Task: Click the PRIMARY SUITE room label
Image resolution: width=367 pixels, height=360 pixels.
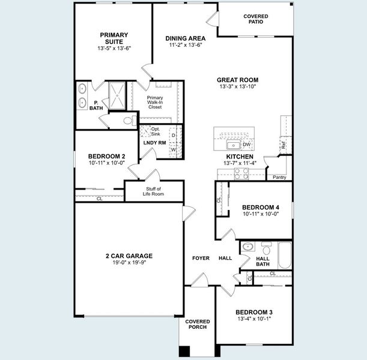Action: [114, 38]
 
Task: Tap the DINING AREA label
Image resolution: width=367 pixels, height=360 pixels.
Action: [186, 38]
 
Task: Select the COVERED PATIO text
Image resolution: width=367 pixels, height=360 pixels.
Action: [256, 19]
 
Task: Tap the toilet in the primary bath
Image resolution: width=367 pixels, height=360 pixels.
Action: [128, 121]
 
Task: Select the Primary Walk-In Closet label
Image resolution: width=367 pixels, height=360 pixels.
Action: [155, 101]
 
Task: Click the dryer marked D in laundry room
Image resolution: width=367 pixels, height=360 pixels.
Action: [173, 136]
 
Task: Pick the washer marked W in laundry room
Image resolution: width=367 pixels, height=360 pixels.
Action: [173, 150]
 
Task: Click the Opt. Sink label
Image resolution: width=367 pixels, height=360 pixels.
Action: [155, 131]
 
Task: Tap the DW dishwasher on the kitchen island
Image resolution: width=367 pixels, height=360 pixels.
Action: [246, 145]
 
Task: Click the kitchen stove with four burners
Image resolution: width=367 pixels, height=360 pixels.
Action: [241, 173]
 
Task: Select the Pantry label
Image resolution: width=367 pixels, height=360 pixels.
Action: [279, 178]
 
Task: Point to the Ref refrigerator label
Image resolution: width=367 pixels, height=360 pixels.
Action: [283, 145]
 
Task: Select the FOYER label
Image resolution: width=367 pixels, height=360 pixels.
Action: [201, 258]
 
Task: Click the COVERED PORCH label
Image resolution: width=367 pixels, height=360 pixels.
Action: [197, 324]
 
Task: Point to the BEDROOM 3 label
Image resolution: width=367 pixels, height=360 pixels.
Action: [254, 312]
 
